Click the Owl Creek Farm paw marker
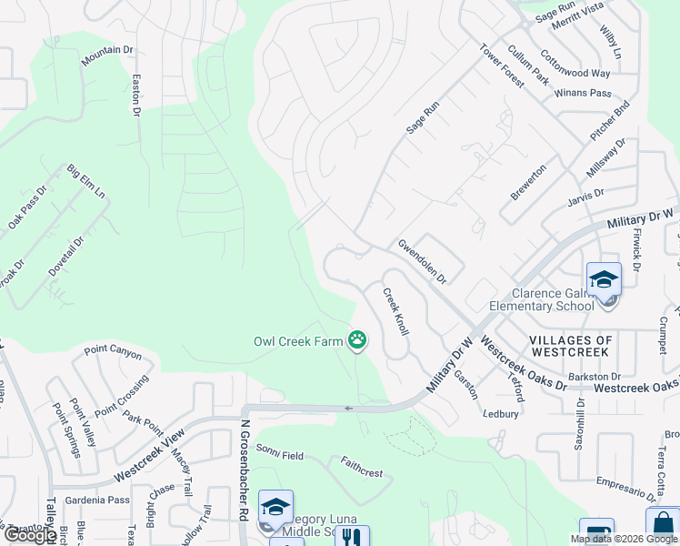(358, 341)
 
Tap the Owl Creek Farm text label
(297, 342)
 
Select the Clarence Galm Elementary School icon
(604, 281)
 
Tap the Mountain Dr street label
(107, 57)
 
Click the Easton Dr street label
(137, 96)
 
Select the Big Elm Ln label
(86, 182)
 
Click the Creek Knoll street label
(395, 311)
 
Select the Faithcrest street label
(362, 467)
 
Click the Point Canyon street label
(113, 349)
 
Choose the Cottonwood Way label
(575, 61)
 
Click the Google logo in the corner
(29, 535)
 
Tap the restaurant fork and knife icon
(352, 538)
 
